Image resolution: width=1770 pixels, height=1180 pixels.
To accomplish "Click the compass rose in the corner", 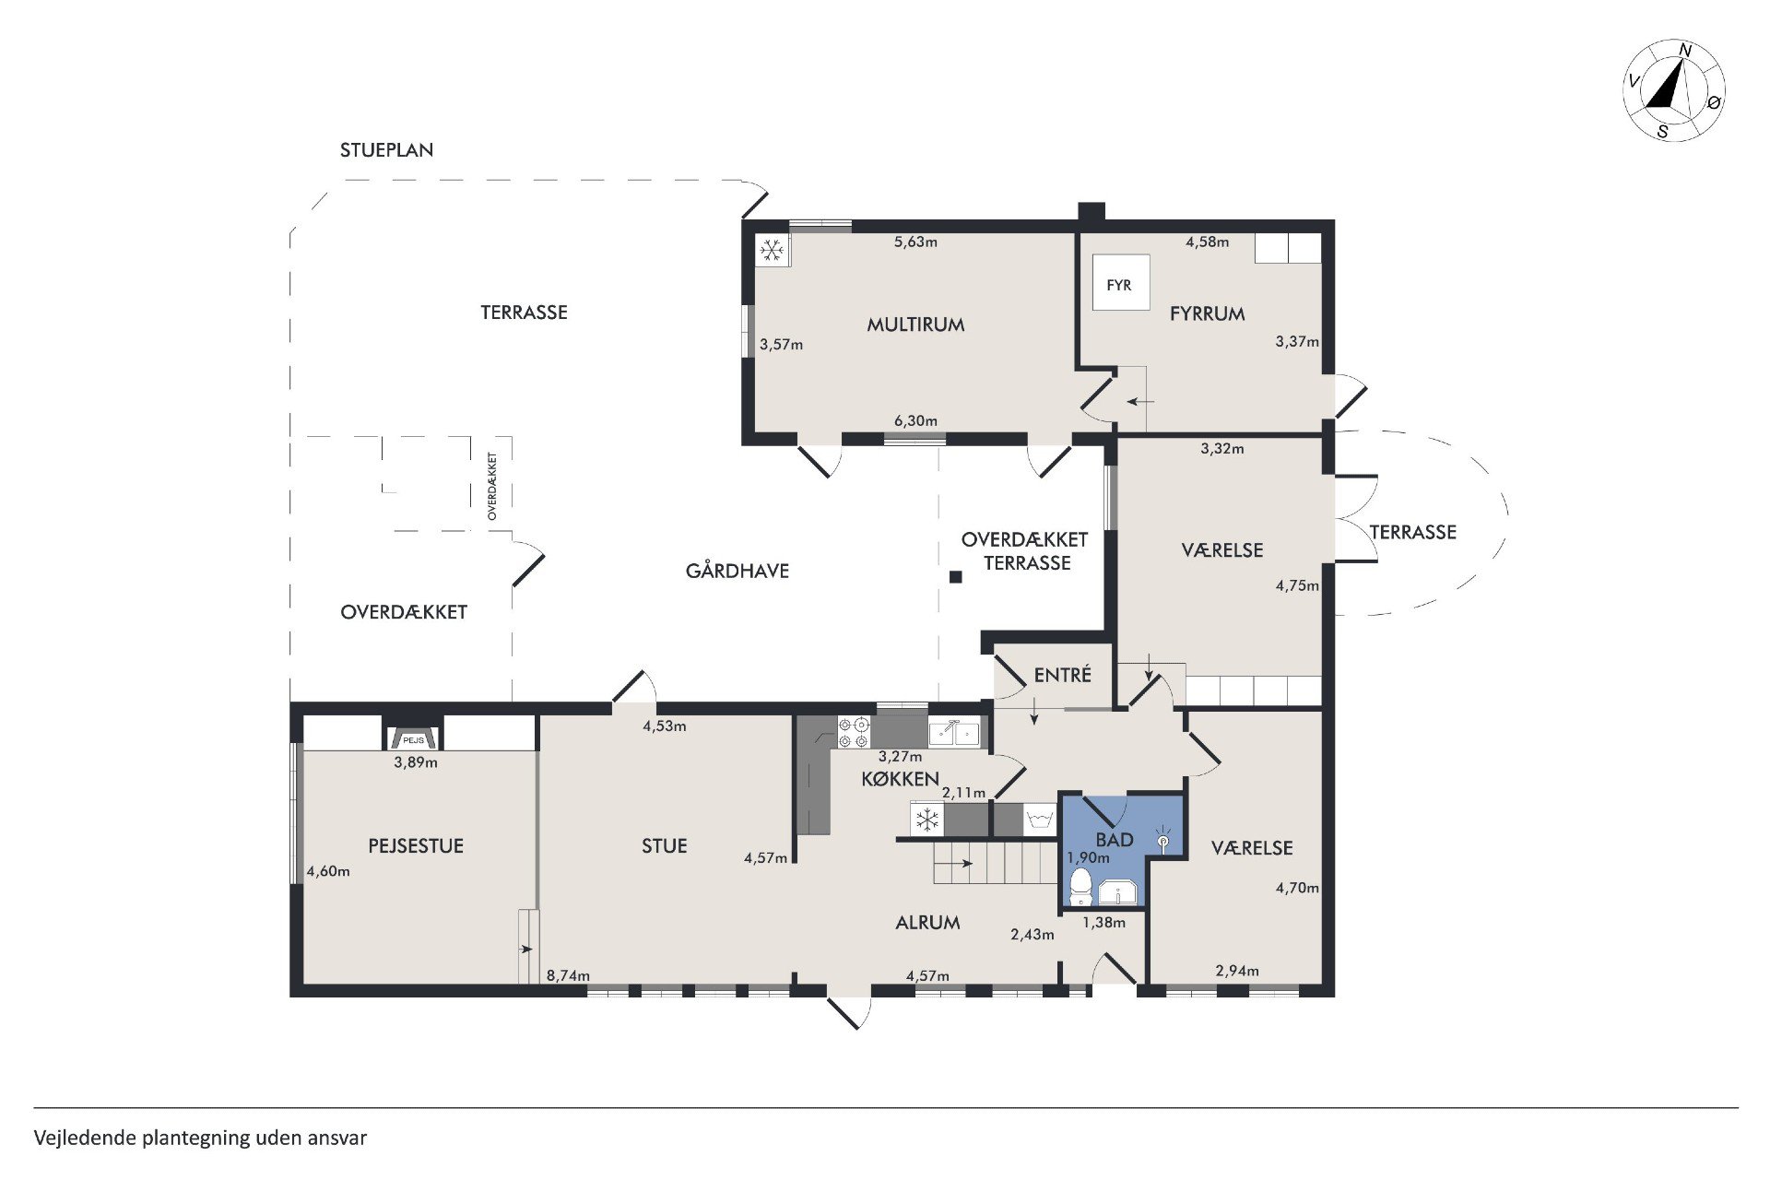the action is pos(1674,90).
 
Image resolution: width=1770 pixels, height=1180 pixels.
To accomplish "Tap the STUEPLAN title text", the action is pos(386,150).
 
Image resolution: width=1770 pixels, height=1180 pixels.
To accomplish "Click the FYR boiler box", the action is pos(1121,283).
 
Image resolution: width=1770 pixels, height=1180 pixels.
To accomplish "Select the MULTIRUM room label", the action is pos(915,324).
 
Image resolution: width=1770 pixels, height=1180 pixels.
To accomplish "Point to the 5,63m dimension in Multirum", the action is pos(915,242).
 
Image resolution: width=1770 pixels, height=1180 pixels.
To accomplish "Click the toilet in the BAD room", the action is pos(1080,887).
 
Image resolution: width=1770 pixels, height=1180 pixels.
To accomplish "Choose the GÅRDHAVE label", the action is pos(737,571).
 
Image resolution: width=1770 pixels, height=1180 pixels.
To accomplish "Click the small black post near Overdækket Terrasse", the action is pos(956,577).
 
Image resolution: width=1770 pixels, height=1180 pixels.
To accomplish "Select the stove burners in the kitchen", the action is pos(854,732).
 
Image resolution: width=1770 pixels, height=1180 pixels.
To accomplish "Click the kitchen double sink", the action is pos(954,732).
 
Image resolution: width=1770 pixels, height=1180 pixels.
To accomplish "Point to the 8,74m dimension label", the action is pos(568,975).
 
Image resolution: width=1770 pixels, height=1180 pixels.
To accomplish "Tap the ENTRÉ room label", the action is pos(1063,675).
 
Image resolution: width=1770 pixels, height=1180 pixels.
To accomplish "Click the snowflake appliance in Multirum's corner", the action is pos(772,249).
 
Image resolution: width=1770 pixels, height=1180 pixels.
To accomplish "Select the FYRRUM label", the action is pos(1207,313).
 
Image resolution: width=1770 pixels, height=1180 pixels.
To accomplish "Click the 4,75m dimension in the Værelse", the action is pos(1297,585).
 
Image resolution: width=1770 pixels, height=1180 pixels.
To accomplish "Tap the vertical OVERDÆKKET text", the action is pos(492,486).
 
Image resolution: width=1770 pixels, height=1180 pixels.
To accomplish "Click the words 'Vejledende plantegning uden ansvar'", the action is pos(201,1138).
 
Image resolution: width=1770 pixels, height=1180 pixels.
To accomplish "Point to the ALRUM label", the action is pos(927,922).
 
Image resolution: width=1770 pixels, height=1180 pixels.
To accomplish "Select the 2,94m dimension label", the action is pos(1237,971).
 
